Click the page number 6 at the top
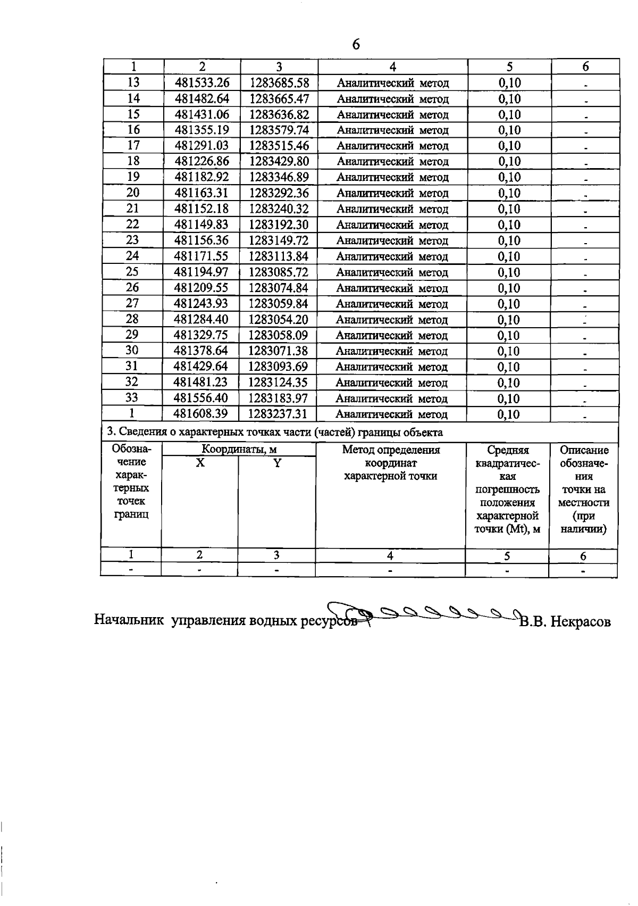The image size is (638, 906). tap(356, 45)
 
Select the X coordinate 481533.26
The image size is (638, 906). tap(202, 83)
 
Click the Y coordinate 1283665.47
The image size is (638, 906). tap(279, 99)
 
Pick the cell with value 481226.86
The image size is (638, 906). tap(202, 162)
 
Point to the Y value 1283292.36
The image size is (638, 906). tap(279, 193)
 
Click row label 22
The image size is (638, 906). tap(132, 225)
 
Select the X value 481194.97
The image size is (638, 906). tap(202, 272)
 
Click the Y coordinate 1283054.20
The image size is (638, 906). tap(279, 320)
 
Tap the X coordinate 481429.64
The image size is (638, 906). tap(201, 367)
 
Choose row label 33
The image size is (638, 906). tap(132, 398)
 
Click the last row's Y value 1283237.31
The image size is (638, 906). tap(279, 414)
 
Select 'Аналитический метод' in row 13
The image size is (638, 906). tap(393, 84)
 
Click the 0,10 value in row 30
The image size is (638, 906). tap(508, 352)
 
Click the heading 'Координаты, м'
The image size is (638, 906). tap(239, 450)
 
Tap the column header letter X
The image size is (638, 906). tap(200, 463)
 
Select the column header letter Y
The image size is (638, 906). tap(276, 463)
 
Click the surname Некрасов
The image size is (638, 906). tap(580, 621)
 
